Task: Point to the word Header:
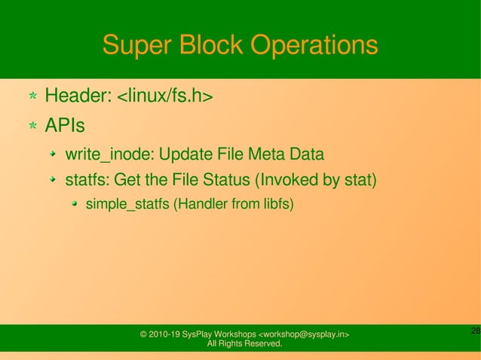point(78,96)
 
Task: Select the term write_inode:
point(111,155)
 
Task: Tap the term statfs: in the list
point(87,182)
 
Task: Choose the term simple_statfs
point(128,204)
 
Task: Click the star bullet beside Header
point(32,96)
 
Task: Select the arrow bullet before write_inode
point(53,156)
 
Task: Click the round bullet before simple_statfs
point(75,204)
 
